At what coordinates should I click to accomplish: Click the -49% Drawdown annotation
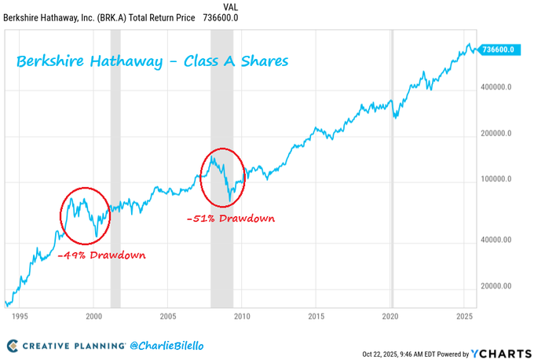[x=101, y=255]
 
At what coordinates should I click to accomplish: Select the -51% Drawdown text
[x=231, y=219]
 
